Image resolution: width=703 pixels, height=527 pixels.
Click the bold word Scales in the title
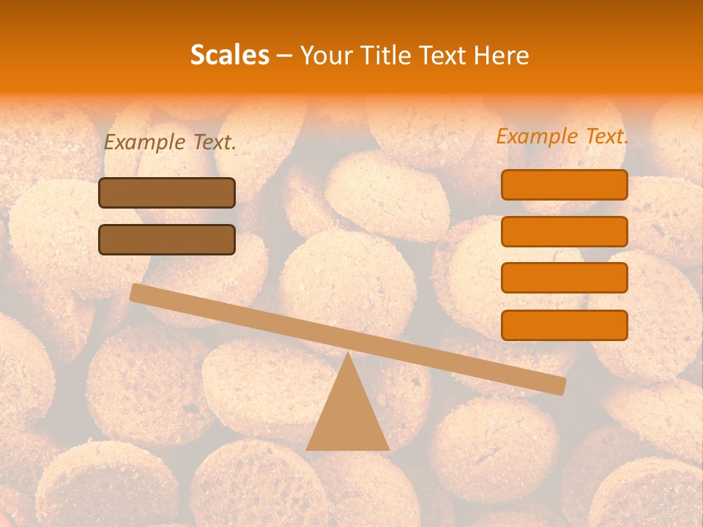pyautogui.click(x=230, y=55)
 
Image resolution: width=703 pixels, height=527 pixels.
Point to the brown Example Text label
pyautogui.click(x=170, y=143)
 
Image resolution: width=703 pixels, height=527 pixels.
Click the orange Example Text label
pyautogui.click(x=562, y=136)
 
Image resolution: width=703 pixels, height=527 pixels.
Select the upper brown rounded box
pyautogui.click(x=167, y=193)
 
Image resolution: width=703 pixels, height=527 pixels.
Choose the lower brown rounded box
pyautogui.click(x=167, y=239)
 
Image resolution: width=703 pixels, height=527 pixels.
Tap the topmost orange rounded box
pyautogui.click(x=565, y=184)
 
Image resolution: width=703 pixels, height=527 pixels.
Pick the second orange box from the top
pyautogui.click(x=565, y=231)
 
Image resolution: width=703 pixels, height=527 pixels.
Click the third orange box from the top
pyautogui.click(x=565, y=277)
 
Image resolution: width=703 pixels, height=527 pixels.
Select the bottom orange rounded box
pyautogui.click(x=565, y=325)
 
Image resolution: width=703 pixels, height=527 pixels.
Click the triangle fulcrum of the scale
pyautogui.click(x=348, y=414)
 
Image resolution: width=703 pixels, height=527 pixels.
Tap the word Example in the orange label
pyautogui.click(x=537, y=136)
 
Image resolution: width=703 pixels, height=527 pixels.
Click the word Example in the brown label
pyautogui.click(x=144, y=143)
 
